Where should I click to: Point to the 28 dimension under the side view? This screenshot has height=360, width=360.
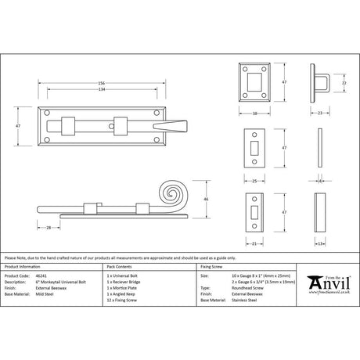pyautogui.click(x=49, y=228)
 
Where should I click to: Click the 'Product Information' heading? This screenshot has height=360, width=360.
pyautogui.click(x=26, y=266)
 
